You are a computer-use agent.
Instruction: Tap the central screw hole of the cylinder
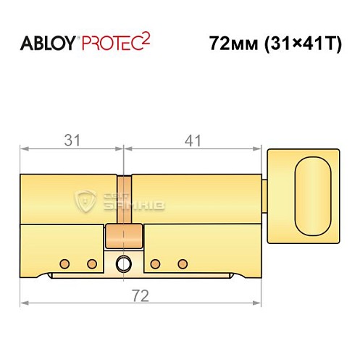(125, 263)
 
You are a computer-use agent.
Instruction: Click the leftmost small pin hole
(64, 263)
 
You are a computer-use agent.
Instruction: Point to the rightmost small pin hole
(183, 263)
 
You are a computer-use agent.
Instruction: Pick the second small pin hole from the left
(92, 263)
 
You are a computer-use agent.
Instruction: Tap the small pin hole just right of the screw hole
(155, 263)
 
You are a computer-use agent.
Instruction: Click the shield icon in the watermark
(86, 202)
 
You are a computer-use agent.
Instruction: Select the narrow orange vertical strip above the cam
(125, 199)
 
